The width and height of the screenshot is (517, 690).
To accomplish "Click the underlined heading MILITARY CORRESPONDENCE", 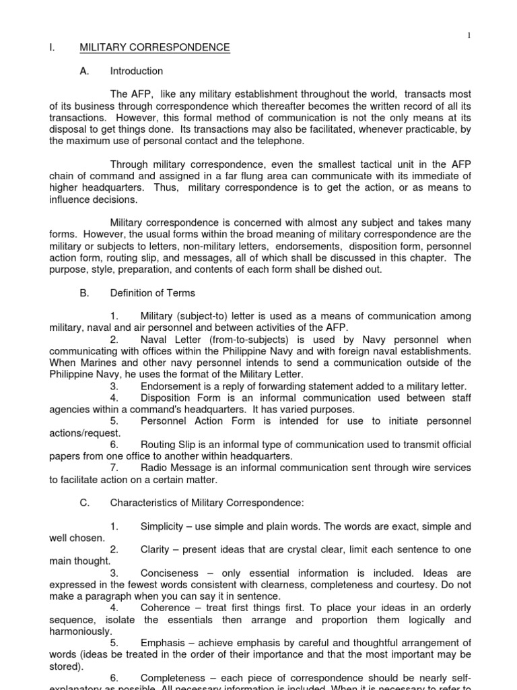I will point(155,48).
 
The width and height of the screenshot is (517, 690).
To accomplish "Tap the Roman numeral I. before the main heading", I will point(51,48).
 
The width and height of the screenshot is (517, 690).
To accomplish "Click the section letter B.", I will point(83,293).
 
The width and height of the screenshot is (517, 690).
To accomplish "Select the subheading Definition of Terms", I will point(153,293).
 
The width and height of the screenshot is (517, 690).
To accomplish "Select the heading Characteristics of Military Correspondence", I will point(207,503).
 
